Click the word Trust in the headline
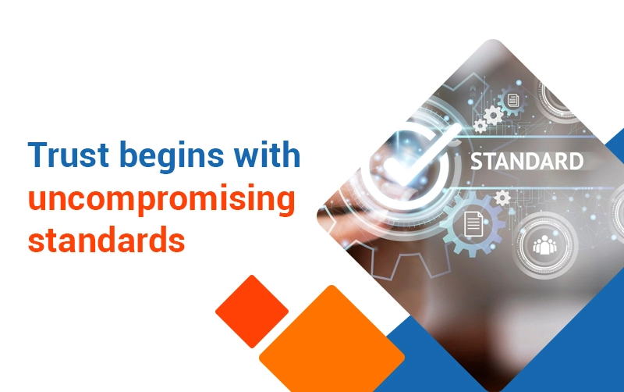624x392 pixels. tap(69, 154)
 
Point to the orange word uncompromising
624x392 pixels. tap(161, 201)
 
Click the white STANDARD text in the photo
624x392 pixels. tap(527, 162)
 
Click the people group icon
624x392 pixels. tap(544, 244)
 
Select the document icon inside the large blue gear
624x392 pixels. tap(473, 224)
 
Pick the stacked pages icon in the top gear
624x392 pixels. tap(513, 100)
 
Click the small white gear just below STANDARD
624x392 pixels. tap(502, 198)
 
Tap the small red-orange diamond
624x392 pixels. tap(252, 311)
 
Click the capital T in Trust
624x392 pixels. tap(38, 154)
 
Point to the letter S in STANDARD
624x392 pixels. tap(477, 162)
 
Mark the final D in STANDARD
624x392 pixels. tap(576, 162)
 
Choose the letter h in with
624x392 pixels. tap(291, 154)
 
